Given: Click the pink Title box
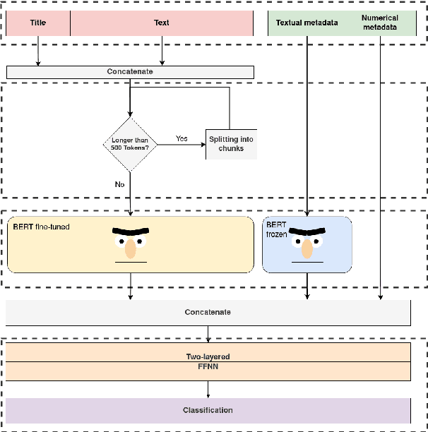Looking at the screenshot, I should pos(38,23).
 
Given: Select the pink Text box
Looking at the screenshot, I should pos(162,23).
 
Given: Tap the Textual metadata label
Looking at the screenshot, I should pos(307,23).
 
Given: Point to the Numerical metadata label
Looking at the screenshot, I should pos(380,23).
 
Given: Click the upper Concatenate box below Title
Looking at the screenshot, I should pos(130,72).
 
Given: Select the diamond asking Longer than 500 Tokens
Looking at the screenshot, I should pos(130,144).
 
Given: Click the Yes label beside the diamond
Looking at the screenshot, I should pos(182,138).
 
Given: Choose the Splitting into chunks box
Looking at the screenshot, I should pos(231,144).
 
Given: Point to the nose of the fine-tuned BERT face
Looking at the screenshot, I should pos(131,248).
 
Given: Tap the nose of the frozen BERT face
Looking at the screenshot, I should pos(307,248).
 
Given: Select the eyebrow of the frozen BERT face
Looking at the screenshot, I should pos(307,232).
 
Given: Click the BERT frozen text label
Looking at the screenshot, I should pos(277,229).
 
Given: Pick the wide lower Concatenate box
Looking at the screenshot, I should pos(208,312).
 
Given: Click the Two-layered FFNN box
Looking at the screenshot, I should pos(208,361).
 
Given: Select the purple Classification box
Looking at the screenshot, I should pos(208,410).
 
